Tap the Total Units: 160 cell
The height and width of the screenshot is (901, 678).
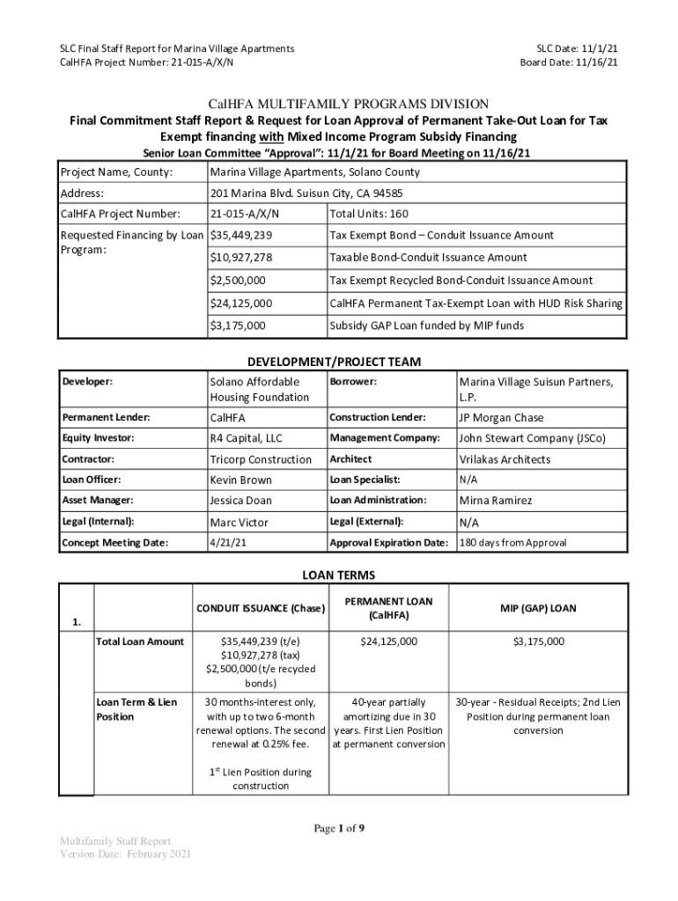point(368,214)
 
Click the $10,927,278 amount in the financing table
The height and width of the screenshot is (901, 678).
point(241,258)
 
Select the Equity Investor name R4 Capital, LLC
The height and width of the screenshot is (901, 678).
point(247,438)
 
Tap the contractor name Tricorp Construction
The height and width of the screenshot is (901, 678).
point(261,459)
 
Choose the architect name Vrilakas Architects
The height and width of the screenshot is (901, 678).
point(505,459)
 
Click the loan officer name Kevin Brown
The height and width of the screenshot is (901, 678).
point(241,480)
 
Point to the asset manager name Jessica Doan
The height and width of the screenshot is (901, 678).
point(241,501)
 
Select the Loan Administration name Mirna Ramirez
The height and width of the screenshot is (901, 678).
point(496,501)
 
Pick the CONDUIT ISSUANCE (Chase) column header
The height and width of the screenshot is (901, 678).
point(260,609)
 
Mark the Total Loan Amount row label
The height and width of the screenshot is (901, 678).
point(140,641)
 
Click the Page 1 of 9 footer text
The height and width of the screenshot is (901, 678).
point(339,828)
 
